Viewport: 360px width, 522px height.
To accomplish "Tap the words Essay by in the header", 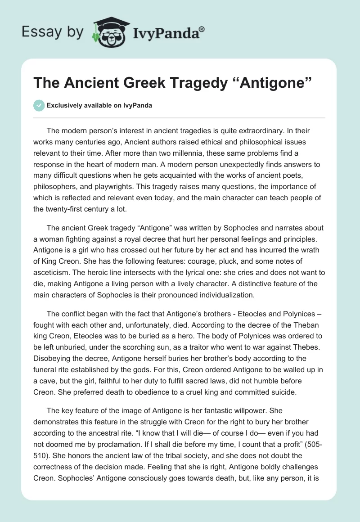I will pyautogui.click(x=53, y=32).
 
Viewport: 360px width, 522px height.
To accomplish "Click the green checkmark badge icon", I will pyautogui.click(x=39, y=105).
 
